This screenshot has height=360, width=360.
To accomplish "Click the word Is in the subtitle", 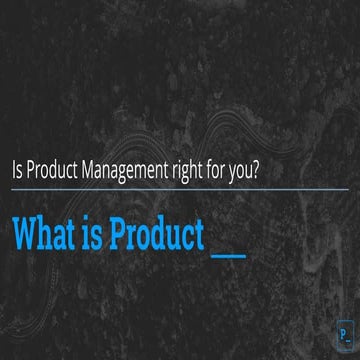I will [x=18, y=169].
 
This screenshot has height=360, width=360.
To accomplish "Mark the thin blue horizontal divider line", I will [x=180, y=188].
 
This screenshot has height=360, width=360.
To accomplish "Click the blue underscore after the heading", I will [x=230, y=245].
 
